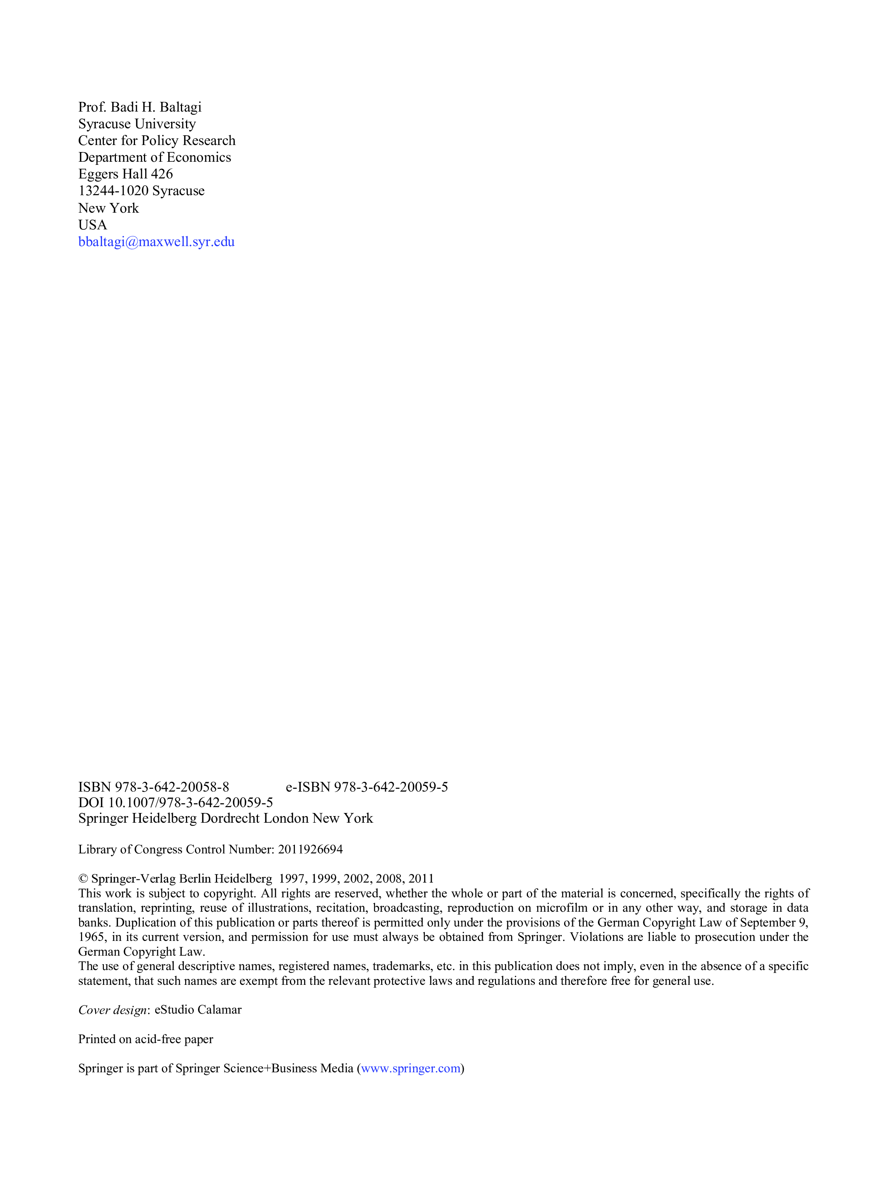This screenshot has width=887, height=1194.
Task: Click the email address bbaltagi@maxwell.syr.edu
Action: (x=156, y=242)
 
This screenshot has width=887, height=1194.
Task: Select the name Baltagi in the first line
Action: (x=181, y=107)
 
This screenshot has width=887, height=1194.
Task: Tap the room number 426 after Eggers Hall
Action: (x=162, y=175)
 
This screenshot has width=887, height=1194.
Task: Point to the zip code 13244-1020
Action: (x=113, y=191)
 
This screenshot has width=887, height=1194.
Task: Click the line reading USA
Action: (x=92, y=225)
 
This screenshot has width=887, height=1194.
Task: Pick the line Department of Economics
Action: (x=154, y=157)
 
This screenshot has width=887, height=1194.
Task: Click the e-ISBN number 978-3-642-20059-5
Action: (x=391, y=787)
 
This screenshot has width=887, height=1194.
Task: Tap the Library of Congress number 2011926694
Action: (x=310, y=850)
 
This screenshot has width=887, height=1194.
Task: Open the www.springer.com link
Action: (x=411, y=1068)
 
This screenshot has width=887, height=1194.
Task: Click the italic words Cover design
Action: (x=112, y=1010)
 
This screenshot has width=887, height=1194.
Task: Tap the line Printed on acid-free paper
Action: (x=145, y=1039)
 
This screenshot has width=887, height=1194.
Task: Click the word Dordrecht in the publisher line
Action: (x=230, y=818)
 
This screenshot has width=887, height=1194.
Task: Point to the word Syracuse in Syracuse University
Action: (x=105, y=124)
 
